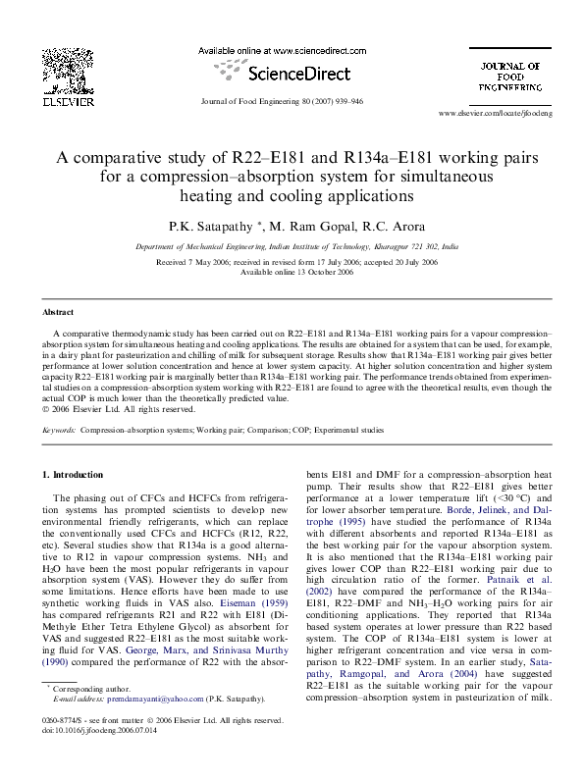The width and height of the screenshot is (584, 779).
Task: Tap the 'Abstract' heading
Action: coord(59,311)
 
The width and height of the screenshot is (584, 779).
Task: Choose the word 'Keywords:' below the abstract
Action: coord(59,430)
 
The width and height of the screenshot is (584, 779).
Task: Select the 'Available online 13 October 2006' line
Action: coord(292,273)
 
